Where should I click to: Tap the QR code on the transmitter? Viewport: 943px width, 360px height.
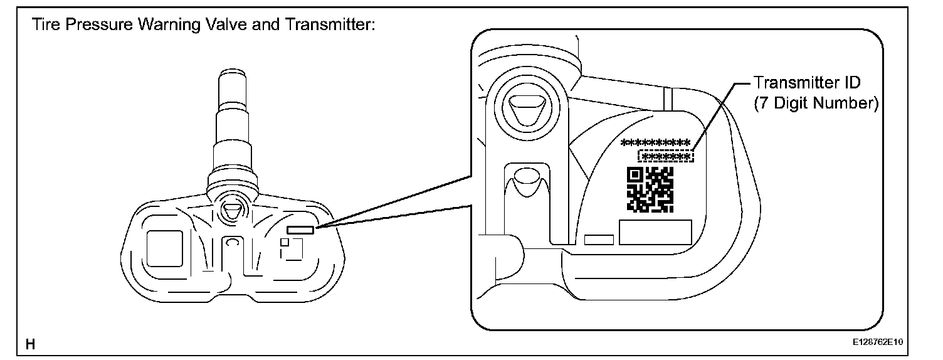650,189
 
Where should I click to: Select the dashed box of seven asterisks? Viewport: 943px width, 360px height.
666,156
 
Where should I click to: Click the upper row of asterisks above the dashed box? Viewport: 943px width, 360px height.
655,142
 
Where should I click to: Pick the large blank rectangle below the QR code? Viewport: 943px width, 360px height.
655,231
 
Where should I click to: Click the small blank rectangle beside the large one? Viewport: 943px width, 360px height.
598,240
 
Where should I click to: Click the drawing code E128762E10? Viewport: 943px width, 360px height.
880,344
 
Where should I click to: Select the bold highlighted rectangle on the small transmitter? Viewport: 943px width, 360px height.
301,230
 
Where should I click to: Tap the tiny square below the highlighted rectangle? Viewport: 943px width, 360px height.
285,242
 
